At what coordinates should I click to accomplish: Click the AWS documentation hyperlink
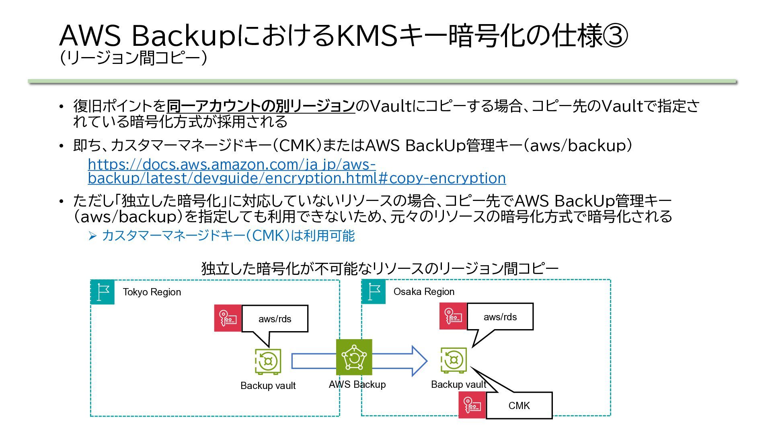297,171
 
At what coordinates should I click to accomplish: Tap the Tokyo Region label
152,292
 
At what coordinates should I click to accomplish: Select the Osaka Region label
424,292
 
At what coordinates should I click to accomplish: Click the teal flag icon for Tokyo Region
103,292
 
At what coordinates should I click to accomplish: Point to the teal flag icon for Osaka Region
374,292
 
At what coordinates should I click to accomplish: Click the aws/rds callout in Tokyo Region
275,319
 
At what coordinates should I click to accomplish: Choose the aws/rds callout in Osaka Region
500,317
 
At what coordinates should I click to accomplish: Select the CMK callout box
519,405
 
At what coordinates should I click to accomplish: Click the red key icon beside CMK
472,405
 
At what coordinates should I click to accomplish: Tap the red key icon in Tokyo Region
228,318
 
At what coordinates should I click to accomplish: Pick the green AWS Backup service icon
354,357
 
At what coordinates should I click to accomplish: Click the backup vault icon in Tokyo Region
268,362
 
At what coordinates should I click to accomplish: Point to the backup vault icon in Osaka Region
454,360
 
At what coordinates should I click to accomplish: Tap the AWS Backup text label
357,385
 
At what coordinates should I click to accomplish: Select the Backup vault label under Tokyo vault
268,386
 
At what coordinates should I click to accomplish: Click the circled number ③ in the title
615,35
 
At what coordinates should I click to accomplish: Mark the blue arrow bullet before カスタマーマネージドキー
92,236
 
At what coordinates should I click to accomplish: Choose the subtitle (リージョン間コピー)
133,58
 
